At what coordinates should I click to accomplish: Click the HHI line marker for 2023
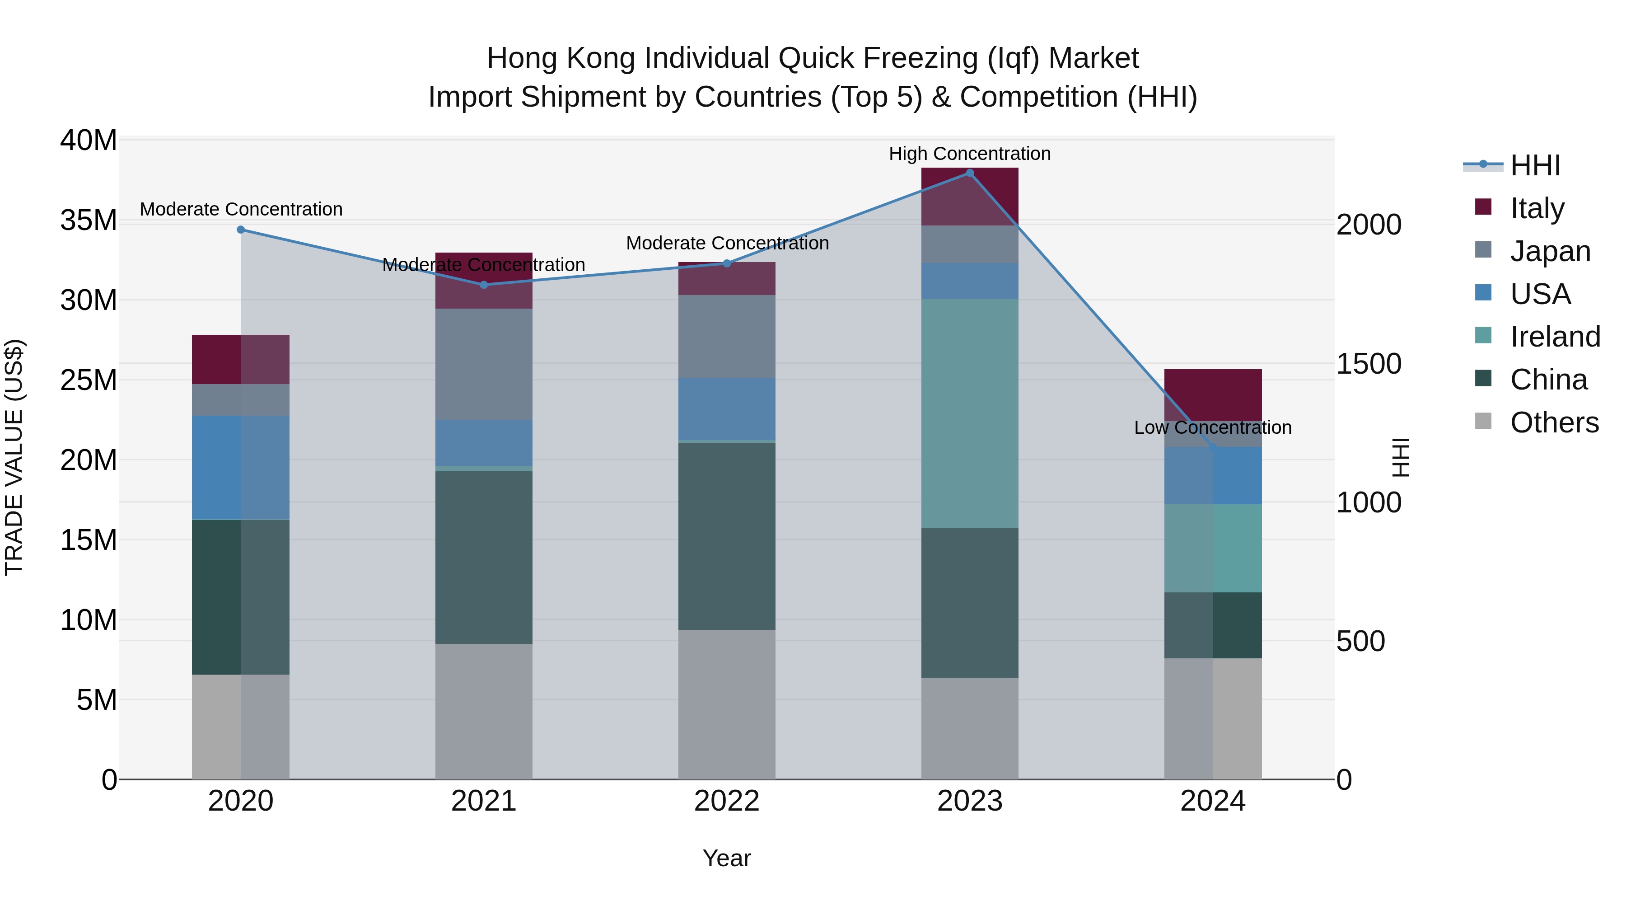(970, 173)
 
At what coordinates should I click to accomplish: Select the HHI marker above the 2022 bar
(727, 263)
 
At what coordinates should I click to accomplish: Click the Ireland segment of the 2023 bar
(970, 413)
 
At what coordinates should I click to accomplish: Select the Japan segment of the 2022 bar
(727, 337)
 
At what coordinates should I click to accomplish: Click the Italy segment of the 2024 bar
(1213, 394)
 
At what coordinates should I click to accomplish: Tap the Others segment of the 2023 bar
(970, 729)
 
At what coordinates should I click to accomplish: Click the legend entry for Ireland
(1555, 337)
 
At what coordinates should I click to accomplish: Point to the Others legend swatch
(1483, 421)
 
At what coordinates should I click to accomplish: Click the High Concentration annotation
(970, 154)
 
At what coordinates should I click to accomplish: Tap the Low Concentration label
(1213, 427)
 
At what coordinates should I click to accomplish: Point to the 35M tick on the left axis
(89, 221)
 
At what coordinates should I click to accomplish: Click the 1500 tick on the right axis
(1369, 364)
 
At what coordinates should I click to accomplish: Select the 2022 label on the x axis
(727, 801)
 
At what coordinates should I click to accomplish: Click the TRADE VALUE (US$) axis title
(14, 457)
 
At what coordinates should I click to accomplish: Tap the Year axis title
(727, 858)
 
